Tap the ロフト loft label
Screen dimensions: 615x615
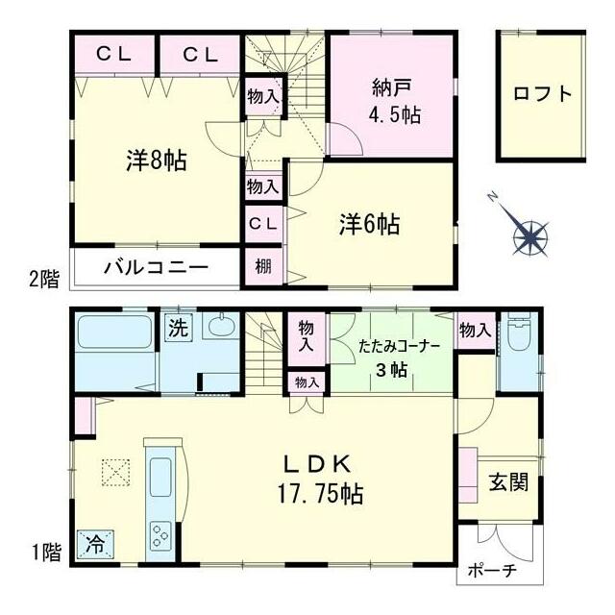click(x=542, y=94)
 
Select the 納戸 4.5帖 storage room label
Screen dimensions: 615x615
click(x=394, y=102)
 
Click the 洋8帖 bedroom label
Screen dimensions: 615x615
click(x=156, y=160)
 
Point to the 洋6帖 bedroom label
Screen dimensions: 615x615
click(x=369, y=225)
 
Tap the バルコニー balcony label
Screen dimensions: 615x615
click(x=156, y=268)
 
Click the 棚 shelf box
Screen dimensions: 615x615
click(x=263, y=267)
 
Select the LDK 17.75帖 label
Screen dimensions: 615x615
click(x=320, y=480)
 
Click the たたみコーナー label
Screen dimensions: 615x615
click(x=400, y=347)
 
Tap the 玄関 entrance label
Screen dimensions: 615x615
click(x=508, y=481)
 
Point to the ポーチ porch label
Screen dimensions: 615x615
click(x=493, y=571)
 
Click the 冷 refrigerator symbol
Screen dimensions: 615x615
click(x=96, y=544)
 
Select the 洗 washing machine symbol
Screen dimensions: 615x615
click(x=179, y=328)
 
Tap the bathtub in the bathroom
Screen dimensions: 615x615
click(x=115, y=332)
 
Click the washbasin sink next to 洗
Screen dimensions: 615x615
click(x=222, y=325)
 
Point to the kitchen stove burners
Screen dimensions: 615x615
click(x=160, y=536)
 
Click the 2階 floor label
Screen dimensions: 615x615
click(x=44, y=280)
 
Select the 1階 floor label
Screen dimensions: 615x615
click(x=46, y=553)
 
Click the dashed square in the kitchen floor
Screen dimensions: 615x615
click(x=115, y=473)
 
